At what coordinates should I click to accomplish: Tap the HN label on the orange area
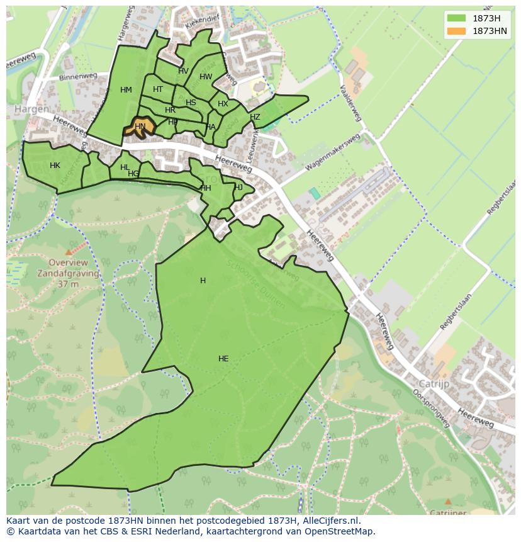click(x=140, y=127)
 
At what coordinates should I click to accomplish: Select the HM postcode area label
click(x=126, y=90)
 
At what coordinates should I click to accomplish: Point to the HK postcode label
click(x=55, y=166)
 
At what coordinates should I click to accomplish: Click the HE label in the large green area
click(x=223, y=359)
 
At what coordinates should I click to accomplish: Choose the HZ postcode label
click(x=255, y=117)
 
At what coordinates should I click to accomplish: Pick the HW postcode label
click(x=206, y=77)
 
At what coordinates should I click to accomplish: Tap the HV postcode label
click(x=183, y=71)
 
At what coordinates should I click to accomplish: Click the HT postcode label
click(x=158, y=89)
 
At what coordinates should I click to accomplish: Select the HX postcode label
click(x=223, y=104)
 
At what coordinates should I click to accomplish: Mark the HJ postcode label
click(x=238, y=188)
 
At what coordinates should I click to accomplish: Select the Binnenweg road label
click(x=76, y=77)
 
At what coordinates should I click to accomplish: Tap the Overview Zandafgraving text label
click(x=68, y=268)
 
